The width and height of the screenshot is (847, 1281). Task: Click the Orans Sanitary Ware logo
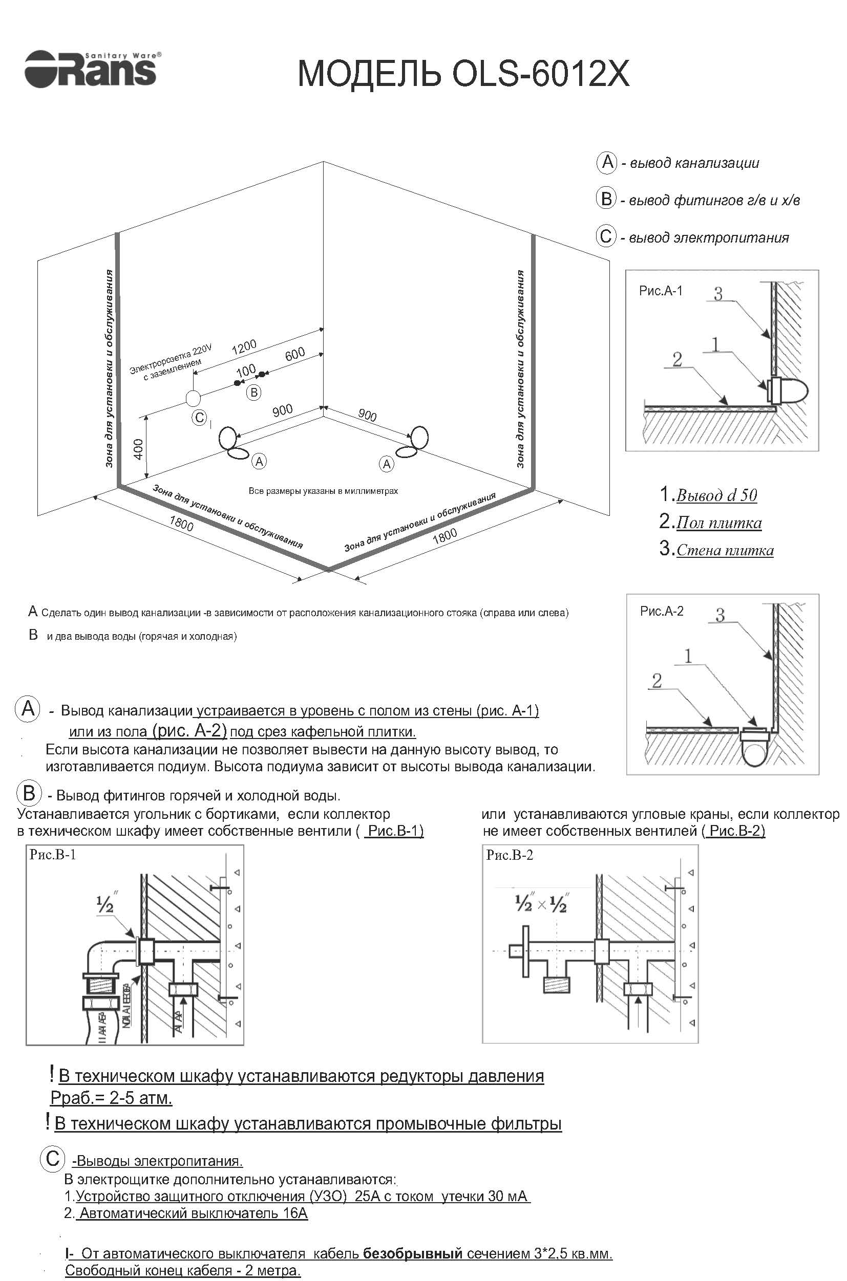[x=91, y=69]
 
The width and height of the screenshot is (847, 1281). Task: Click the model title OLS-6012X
[x=463, y=74]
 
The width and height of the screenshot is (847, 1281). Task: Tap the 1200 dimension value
[x=244, y=346]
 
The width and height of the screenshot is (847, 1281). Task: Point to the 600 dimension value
[x=295, y=354]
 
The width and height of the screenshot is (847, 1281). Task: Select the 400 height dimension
[x=138, y=449]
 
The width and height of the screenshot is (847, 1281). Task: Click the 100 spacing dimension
[x=246, y=371]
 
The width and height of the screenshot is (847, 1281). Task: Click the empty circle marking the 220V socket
[x=193, y=398]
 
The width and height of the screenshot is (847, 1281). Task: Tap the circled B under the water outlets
[x=253, y=392]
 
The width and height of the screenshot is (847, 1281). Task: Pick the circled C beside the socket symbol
[x=199, y=417]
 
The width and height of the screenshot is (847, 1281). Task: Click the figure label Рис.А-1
[x=661, y=291]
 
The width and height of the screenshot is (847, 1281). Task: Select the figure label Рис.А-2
[x=662, y=611]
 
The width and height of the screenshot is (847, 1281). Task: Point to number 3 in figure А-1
[x=718, y=294]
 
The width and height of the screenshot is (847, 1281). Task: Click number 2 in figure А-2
[x=657, y=681]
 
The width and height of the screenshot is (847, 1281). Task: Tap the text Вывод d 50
[x=716, y=495]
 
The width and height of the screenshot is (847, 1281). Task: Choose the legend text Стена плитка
[x=725, y=550]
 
